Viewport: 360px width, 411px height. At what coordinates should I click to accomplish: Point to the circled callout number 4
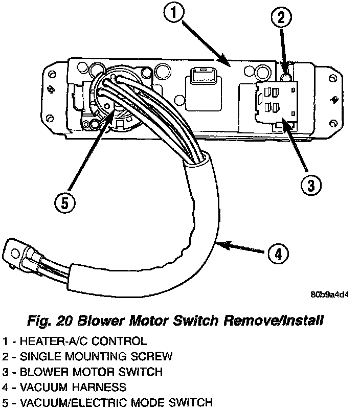277,253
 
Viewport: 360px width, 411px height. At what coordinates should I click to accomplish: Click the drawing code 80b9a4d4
330,295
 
